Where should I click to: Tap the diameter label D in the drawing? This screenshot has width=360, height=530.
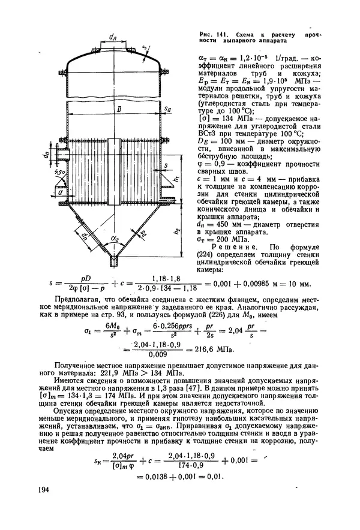120,110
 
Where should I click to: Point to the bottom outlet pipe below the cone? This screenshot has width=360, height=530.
113,261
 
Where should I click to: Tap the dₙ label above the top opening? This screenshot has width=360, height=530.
112,37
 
